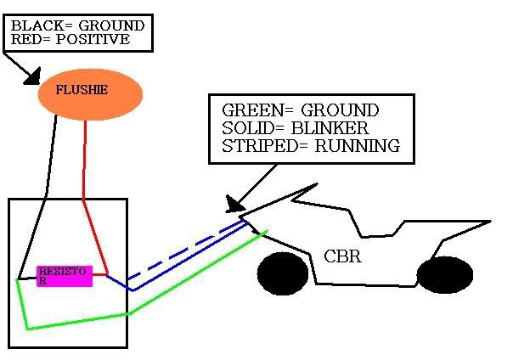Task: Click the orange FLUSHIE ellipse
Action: (x=90, y=94)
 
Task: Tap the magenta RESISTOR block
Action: (x=64, y=275)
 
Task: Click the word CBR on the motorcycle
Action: (x=342, y=256)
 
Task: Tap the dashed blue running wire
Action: (x=183, y=251)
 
